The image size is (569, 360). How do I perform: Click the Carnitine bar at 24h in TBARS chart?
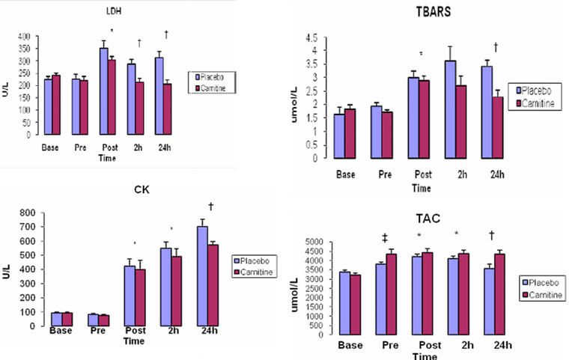[496, 127]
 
